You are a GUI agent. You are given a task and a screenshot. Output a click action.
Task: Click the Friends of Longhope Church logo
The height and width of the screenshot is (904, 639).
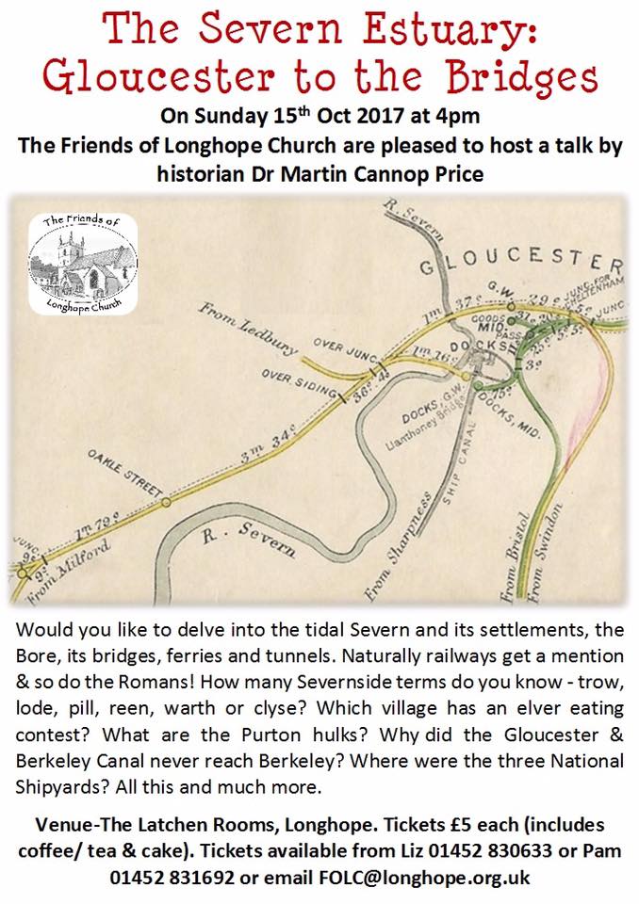pos(82,263)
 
